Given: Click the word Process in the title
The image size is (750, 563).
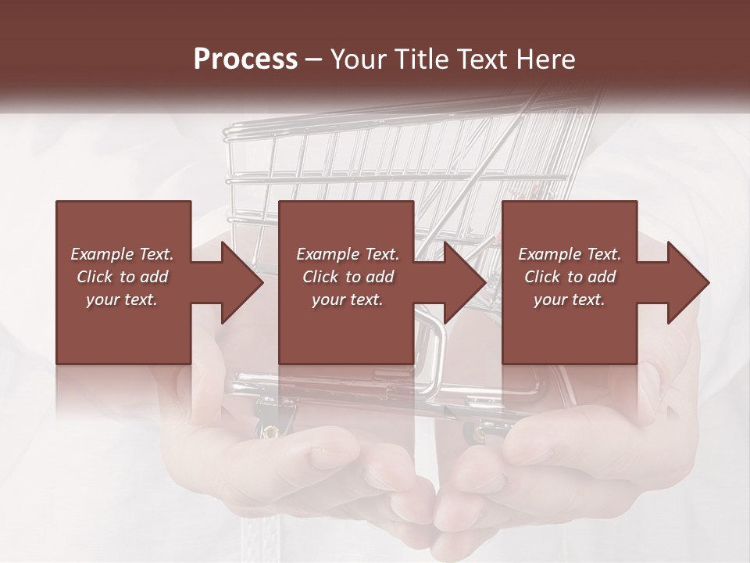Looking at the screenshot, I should coord(245,59).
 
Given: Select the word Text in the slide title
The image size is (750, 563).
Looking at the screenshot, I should coord(480,59).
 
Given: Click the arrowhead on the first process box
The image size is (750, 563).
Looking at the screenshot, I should coord(241,282).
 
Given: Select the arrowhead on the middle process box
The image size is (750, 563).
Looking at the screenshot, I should coord(465,282).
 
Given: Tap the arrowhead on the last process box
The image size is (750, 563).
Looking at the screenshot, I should coord(688,282).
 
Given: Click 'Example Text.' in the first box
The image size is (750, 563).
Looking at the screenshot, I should coord(122,254).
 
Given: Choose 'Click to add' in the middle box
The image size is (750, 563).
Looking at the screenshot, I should coord(348,277).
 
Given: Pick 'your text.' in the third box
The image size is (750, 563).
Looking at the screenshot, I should coord(570,299).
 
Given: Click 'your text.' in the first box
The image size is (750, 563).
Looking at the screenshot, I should coord(122,299).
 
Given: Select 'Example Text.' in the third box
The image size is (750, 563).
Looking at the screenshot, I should coord(570,254).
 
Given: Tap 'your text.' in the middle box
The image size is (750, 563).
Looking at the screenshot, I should coord(348,299).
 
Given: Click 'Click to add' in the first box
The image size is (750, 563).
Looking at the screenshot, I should coord(122,277).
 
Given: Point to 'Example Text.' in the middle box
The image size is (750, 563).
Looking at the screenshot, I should coord(348,254).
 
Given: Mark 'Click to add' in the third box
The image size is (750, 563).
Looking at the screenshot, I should coord(570,277).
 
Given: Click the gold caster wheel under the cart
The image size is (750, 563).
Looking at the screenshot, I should coord(270,429).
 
